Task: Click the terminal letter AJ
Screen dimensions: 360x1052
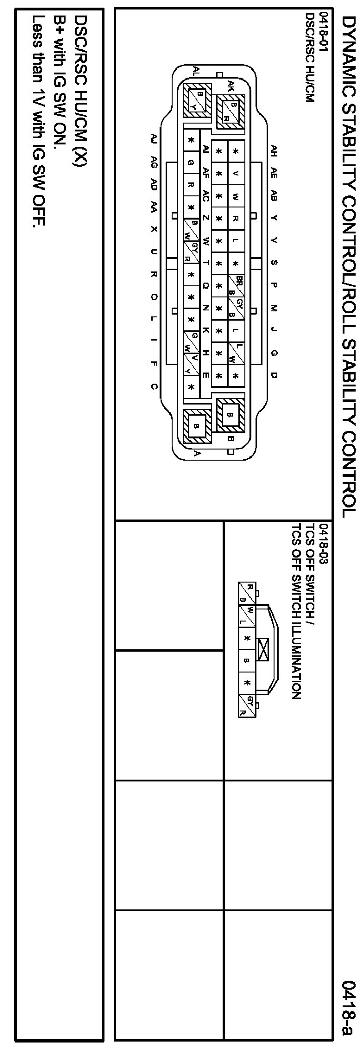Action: pos(153,139)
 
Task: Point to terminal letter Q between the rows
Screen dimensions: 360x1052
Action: pos(206,285)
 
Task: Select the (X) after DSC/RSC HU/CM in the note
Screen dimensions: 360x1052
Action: pos(79,158)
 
